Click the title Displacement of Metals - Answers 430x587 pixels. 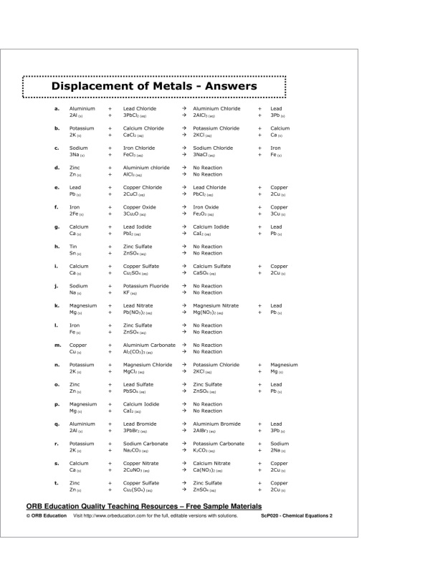154,87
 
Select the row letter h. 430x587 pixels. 57,247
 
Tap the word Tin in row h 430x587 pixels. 73,247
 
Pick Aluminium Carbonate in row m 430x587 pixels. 149,345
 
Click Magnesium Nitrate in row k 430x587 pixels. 216,305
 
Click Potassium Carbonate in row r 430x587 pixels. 219,444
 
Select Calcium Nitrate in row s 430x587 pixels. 211,463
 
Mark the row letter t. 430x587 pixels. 56,483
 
